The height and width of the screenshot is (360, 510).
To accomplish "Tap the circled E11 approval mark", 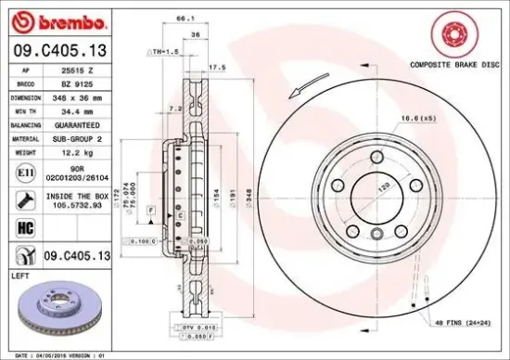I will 24,172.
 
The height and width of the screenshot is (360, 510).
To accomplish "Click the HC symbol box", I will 24,226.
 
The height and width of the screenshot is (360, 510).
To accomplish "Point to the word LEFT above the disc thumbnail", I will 19,276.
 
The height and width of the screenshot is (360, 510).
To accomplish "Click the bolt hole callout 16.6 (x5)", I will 416,118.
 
